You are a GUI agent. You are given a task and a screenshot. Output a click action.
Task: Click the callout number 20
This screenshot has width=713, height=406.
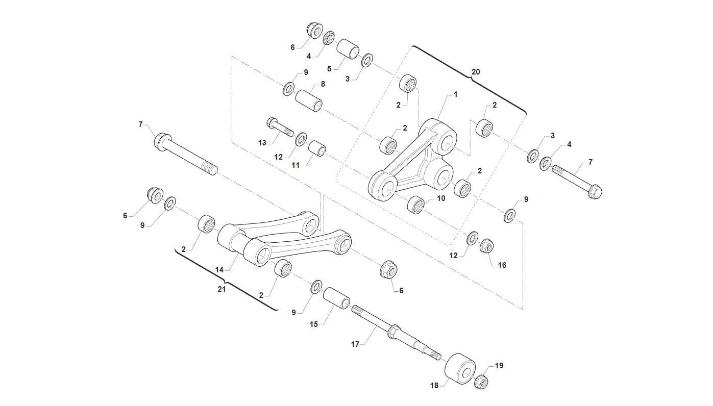476,72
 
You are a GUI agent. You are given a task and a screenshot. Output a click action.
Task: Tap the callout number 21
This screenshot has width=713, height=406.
222,289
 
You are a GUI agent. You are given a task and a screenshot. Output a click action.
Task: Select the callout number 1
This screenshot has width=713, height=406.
455,94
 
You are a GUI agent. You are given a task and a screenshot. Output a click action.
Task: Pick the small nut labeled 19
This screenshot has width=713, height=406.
481,382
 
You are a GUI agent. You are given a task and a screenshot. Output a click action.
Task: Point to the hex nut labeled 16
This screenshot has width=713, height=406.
487,246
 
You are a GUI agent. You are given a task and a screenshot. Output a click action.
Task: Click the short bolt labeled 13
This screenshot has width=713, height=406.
280,127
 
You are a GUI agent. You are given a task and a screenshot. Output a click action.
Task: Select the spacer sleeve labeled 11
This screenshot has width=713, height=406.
317,148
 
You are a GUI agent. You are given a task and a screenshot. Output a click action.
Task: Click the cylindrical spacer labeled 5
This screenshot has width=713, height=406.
348,49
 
